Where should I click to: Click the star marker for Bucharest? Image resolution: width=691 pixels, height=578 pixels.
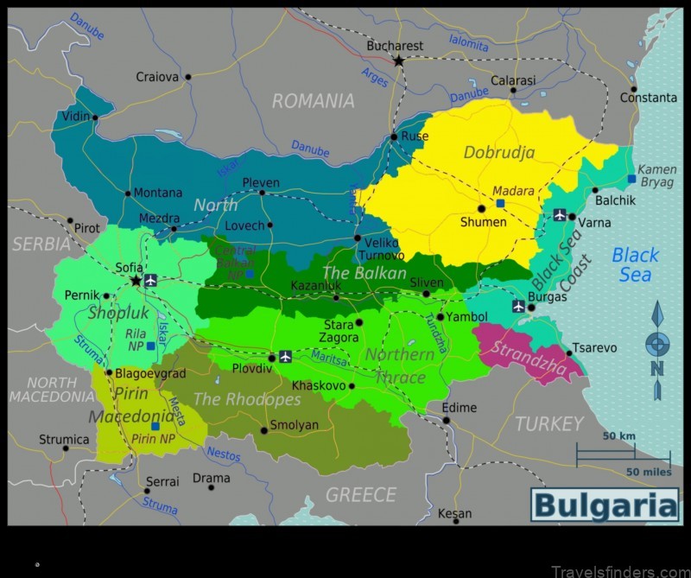398,60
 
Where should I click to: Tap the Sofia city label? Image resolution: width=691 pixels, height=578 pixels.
129,268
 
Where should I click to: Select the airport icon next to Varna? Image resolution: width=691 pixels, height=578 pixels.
559,215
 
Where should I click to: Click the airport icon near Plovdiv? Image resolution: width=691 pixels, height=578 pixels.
285,356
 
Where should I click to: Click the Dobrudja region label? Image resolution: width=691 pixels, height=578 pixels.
499,153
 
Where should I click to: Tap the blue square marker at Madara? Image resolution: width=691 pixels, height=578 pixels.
500,203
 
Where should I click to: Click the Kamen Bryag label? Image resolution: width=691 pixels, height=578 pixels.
656,176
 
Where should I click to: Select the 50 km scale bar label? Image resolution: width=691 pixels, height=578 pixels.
619,436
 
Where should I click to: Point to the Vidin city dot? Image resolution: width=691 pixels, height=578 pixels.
95,118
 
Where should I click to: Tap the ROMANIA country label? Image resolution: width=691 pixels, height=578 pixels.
313,101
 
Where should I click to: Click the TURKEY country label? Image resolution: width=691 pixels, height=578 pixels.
549,423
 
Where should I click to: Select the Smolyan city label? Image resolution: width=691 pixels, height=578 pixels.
294,425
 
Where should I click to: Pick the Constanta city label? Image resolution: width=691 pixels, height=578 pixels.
648,98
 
